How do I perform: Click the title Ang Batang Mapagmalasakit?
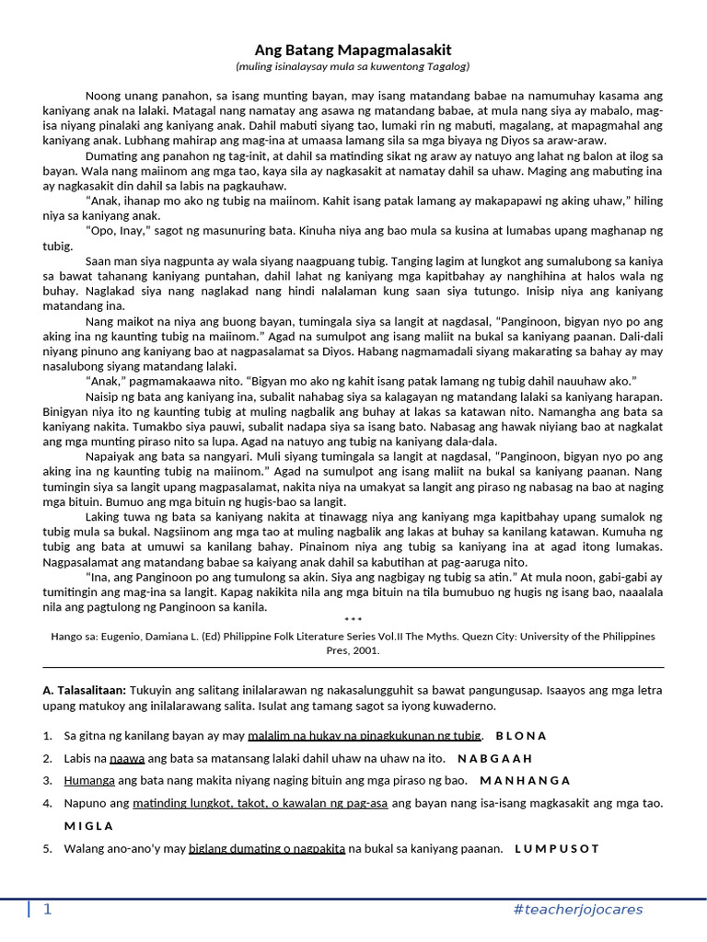[353, 50]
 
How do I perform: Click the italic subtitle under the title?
[353, 67]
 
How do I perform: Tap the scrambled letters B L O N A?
[521, 736]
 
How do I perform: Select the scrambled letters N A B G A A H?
[495, 758]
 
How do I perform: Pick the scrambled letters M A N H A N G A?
[524, 781]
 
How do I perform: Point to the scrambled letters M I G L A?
[89, 825]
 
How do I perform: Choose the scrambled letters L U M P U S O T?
[557, 848]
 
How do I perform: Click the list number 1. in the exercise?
[48, 736]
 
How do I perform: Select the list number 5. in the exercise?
[48, 848]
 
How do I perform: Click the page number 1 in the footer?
[48, 910]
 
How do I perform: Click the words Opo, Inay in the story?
[114, 229]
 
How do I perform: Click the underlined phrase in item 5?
[267, 848]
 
